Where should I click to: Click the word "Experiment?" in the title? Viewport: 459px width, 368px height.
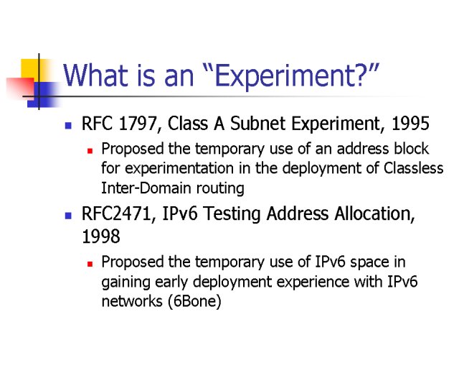tap(293, 76)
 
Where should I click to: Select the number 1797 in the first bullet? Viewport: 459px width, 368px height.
tap(138, 124)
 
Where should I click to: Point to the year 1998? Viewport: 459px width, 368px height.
tap(101, 236)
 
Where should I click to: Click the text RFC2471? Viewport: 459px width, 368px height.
tap(116, 213)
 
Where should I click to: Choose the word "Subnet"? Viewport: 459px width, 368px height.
tap(257, 123)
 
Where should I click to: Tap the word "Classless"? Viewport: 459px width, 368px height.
tap(413, 168)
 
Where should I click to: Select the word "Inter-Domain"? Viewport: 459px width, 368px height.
tap(146, 188)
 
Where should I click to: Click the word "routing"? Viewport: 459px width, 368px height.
tap(220, 189)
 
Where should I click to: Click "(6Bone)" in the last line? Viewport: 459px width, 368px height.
tap(194, 301)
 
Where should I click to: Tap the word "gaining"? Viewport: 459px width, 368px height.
tap(126, 282)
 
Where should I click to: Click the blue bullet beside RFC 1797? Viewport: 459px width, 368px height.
tap(68, 126)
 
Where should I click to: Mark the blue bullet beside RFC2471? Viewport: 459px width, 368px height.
tap(68, 216)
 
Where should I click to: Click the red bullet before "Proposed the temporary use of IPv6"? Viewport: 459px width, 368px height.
tap(90, 264)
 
